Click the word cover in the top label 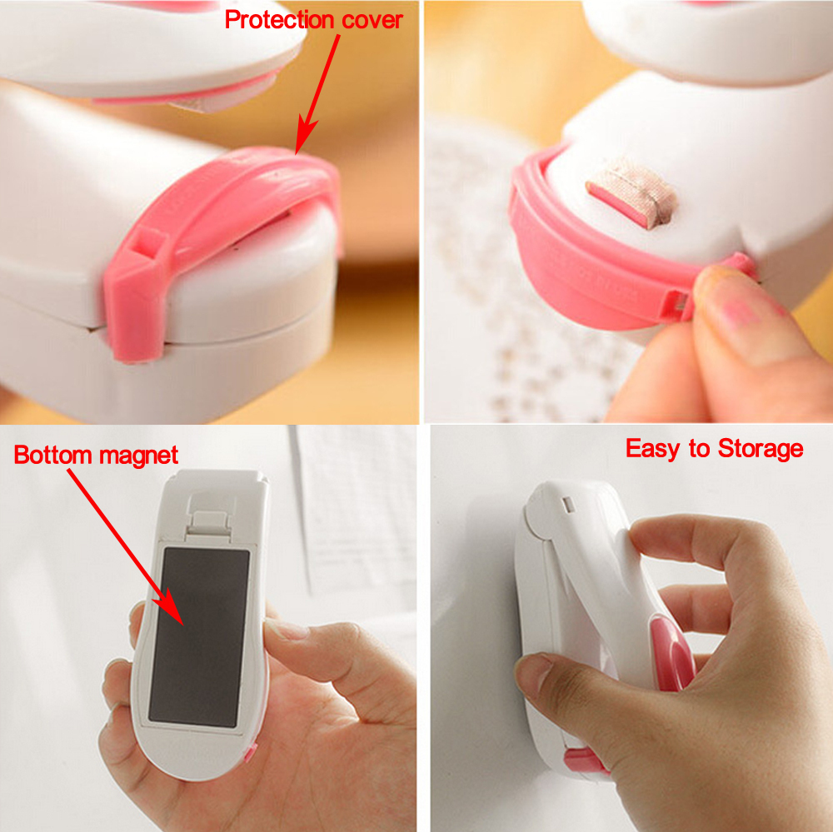pos(372,20)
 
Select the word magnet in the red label pos(138,456)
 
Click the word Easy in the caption pos(653,450)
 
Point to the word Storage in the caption pos(761,449)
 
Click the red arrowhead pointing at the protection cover pos(306,136)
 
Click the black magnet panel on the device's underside pos(199,637)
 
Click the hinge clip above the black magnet pos(210,523)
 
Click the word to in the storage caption pos(699,450)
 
